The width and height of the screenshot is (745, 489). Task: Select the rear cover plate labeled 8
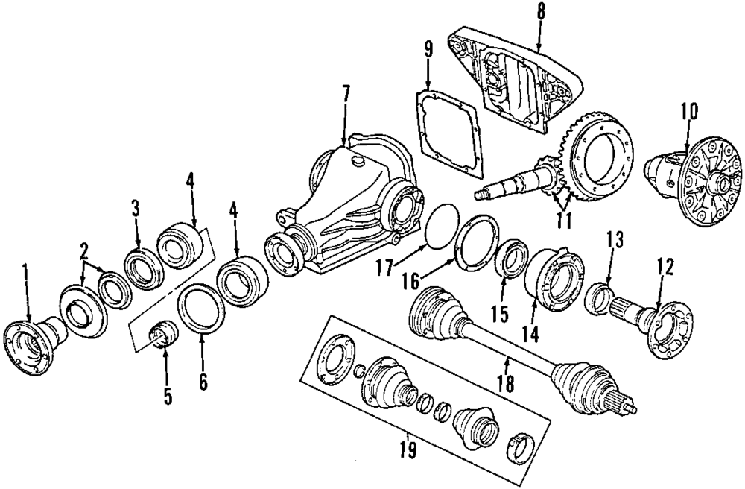tap(514, 82)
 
